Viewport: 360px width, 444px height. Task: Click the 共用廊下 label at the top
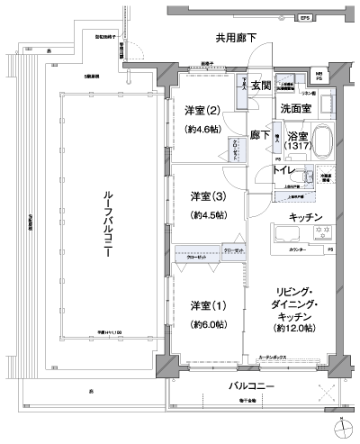coord(235,38)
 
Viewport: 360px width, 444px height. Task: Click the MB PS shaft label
coord(319,77)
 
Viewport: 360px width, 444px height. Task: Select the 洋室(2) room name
coord(202,111)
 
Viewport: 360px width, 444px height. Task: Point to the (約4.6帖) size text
coord(202,131)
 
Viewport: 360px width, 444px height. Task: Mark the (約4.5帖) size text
coord(207,216)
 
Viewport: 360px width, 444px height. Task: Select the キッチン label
coord(306,217)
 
